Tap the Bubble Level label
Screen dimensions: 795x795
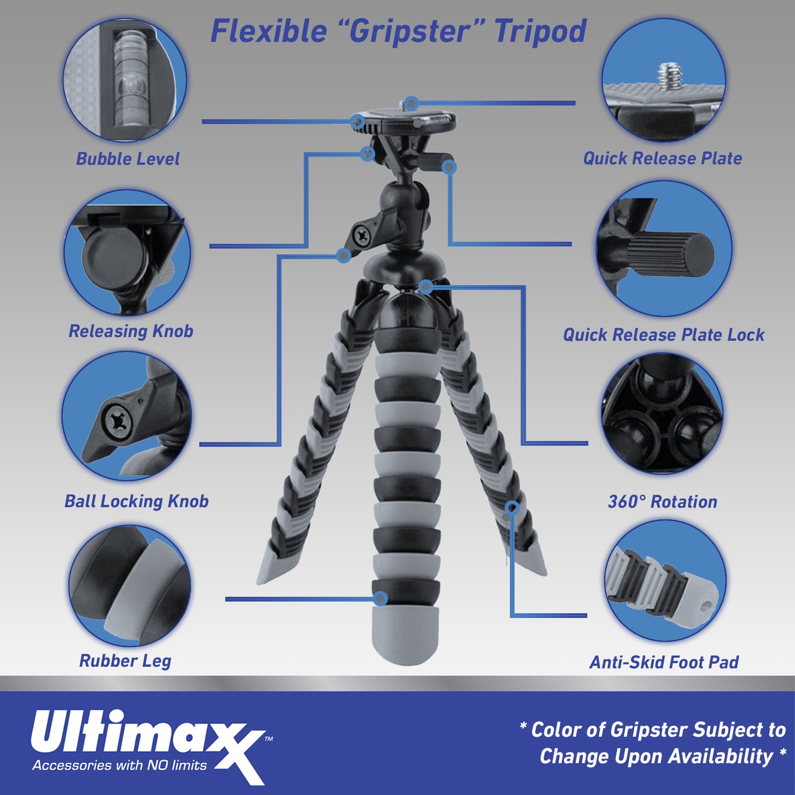128,159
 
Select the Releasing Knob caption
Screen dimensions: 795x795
131,331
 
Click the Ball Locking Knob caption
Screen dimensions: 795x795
136,501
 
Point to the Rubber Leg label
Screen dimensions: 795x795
125,661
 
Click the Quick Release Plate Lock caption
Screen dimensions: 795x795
664,335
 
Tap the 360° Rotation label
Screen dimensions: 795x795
662,502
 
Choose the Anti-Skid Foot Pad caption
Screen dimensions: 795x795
664,662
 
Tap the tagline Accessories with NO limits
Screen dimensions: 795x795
119,765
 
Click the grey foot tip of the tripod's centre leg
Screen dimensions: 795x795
406,633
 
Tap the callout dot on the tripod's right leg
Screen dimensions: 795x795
512,507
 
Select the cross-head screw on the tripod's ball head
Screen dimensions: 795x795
361,235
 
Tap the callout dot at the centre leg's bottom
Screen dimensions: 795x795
380,599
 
